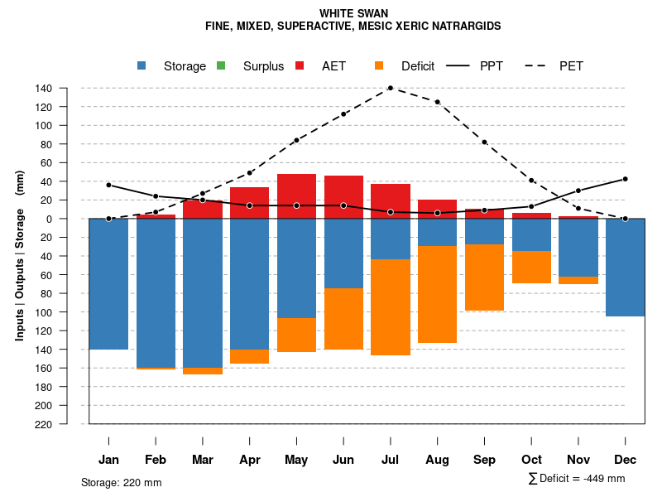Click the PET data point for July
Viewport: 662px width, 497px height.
pyautogui.click(x=391, y=88)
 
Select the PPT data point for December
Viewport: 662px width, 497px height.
pyautogui.click(x=626, y=179)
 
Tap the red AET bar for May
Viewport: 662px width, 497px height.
pyautogui.click(x=296, y=196)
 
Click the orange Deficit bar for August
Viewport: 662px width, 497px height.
pyautogui.click(x=437, y=294)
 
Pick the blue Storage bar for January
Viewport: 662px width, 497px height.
pyautogui.click(x=108, y=283)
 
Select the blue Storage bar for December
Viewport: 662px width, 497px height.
pyautogui.click(x=626, y=267)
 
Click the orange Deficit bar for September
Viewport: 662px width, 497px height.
pyautogui.click(x=484, y=277)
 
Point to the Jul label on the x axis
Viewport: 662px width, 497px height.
pyautogui.click(x=391, y=460)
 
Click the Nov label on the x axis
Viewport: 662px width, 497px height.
pyautogui.click(x=578, y=460)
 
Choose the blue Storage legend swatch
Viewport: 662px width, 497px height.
pyautogui.click(x=142, y=65)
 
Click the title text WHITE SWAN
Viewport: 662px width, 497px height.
pyautogui.click(x=353, y=14)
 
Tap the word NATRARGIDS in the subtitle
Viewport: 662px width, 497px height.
pyautogui.click(x=468, y=27)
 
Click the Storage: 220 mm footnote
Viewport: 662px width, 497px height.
pyautogui.click(x=121, y=482)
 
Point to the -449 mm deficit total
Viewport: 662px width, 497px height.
pyautogui.click(x=604, y=479)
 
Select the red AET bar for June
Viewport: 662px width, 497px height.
pyautogui.click(x=343, y=197)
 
